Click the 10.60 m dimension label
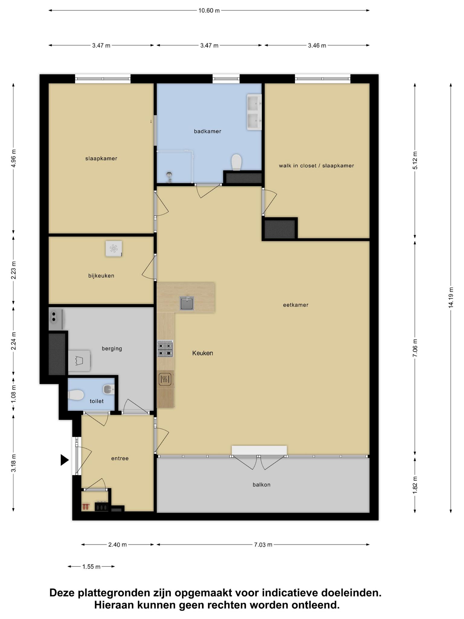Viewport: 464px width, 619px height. click(x=209, y=11)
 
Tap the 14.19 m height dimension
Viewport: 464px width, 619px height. click(x=451, y=297)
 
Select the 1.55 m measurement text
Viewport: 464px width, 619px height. click(x=91, y=567)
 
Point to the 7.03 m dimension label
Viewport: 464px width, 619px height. click(x=263, y=545)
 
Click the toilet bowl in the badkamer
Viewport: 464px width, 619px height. click(x=236, y=162)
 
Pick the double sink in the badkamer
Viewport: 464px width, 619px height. click(x=254, y=112)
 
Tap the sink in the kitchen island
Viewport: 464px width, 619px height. click(x=187, y=303)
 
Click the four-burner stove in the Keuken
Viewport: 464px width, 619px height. click(x=165, y=349)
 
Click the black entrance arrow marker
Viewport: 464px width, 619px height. click(x=65, y=460)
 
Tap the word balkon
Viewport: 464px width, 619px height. click(x=262, y=485)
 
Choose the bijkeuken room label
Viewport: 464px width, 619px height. click(x=101, y=276)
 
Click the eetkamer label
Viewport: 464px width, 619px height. click(x=296, y=305)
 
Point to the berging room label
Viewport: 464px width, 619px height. click(x=112, y=349)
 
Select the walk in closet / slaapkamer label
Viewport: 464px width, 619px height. click(x=316, y=166)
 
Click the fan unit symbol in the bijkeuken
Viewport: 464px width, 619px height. click(x=114, y=249)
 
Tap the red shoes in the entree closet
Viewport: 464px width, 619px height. click(x=86, y=507)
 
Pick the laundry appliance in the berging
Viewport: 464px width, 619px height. click(x=79, y=361)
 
